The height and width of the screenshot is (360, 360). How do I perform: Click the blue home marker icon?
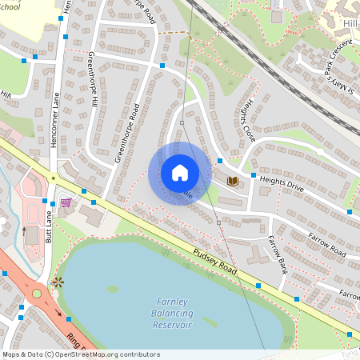pos(180,173)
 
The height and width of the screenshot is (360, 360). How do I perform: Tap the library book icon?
pos(233,182)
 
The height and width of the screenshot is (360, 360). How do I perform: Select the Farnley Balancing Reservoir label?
pos(172,314)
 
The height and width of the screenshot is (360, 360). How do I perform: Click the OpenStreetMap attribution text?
pos(81,354)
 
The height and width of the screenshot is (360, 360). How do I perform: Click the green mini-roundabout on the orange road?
pos(36,293)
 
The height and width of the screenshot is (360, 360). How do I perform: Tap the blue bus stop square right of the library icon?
pos(254,175)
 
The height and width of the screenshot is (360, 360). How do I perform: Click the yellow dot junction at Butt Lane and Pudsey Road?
pos(53,178)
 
